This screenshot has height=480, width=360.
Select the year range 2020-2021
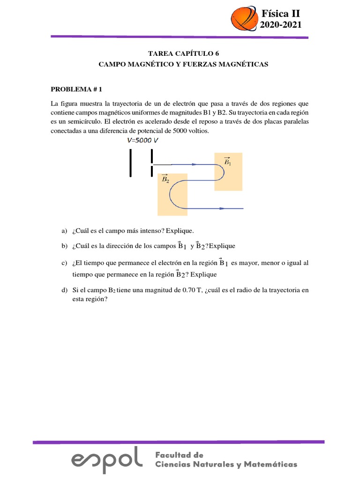(281, 25)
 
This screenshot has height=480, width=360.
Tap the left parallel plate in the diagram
(131, 163)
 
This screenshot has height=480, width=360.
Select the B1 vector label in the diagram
(228, 162)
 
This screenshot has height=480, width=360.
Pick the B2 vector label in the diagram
(165, 179)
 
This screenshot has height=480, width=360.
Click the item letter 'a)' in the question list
(65, 231)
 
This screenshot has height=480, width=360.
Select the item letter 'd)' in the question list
(65, 291)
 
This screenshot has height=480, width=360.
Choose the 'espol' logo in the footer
(107, 457)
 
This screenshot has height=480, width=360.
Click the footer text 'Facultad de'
(179, 455)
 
